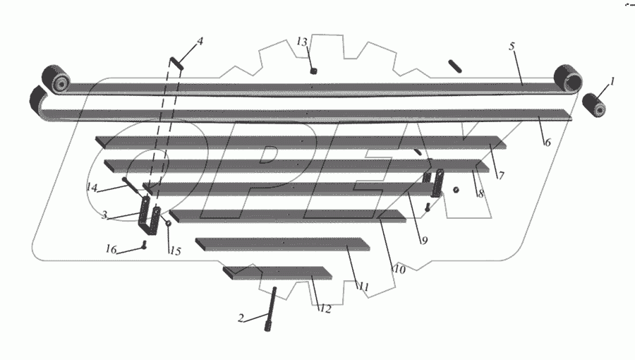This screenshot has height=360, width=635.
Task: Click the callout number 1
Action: [612, 81]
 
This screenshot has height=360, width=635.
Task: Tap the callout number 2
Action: [241, 318]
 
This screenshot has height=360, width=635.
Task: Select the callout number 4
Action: [200, 41]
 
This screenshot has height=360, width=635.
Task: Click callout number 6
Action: [546, 141]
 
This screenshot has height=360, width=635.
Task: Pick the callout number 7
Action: [500, 175]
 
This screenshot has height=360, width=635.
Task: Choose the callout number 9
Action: [425, 240]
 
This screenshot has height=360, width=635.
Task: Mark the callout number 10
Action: [399, 268]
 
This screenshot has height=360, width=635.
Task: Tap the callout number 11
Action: [363, 287]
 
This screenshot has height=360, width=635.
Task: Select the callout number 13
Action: [302, 42]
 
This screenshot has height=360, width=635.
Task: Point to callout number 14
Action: [92, 187]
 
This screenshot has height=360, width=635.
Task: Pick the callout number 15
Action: [175, 251]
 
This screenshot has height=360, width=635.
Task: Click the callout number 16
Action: [111, 249]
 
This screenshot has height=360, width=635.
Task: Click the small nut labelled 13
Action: [314, 71]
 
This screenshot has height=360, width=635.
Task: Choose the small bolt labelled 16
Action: [143, 246]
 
